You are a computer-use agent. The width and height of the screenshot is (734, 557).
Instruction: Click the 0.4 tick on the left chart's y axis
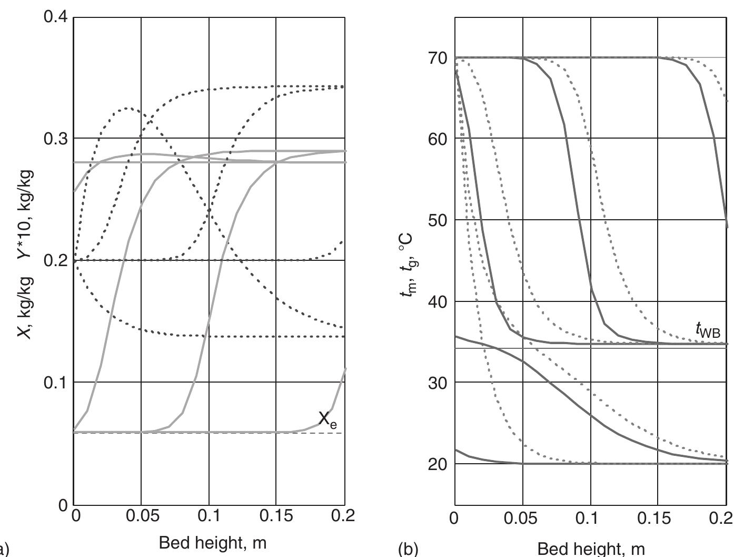click(x=56, y=17)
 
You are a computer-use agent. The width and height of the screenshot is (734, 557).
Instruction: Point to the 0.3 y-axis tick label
click(x=56, y=138)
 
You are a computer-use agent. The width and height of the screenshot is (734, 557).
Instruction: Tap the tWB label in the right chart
click(x=707, y=330)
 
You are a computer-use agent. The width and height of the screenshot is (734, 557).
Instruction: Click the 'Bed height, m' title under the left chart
click(x=212, y=542)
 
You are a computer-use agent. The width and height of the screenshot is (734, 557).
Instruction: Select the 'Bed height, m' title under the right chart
click(x=591, y=549)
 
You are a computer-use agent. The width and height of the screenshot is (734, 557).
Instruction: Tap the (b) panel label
click(x=408, y=549)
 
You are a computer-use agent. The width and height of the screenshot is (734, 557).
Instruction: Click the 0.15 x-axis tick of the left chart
click(x=276, y=516)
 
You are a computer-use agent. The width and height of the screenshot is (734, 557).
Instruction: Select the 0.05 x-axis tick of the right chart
click(x=523, y=519)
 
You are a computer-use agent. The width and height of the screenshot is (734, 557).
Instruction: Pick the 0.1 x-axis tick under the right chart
click(x=591, y=519)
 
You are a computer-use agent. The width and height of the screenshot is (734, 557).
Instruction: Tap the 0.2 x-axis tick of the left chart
click(x=344, y=516)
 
